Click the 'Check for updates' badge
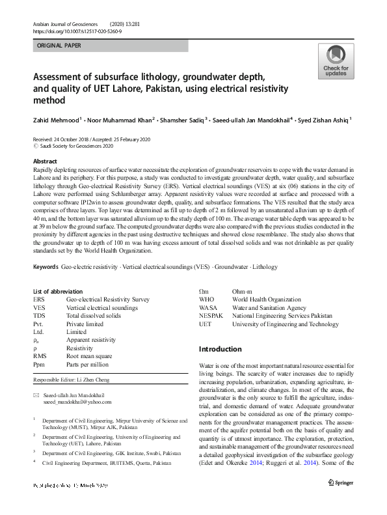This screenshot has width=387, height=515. (336, 63)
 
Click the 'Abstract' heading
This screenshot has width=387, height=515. (45, 161)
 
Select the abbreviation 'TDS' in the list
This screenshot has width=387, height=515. (39, 315)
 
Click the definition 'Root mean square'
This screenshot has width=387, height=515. (90, 356)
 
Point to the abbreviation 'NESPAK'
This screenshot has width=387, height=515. (212, 315)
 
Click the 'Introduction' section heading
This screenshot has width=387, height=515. (220, 349)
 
